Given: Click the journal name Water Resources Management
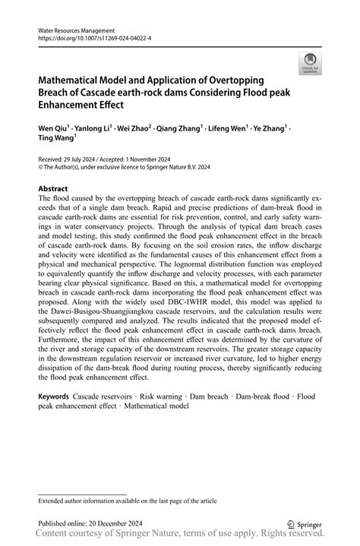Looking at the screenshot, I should [x=77, y=30].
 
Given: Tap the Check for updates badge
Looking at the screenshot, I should [x=309, y=65].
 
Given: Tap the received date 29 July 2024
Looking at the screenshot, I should [x=90, y=160].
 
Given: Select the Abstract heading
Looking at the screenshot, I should [x=53, y=188].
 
